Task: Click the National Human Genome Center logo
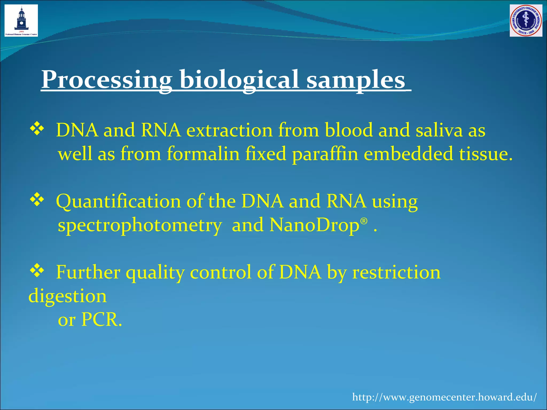tap(21, 21)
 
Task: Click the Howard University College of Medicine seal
tap(526, 21)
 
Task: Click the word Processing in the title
tap(107, 80)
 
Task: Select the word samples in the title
tap(355, 80)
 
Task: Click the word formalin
tap(203, 154)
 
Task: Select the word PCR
tap(101, 320)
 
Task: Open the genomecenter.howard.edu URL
tap(444, 397)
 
